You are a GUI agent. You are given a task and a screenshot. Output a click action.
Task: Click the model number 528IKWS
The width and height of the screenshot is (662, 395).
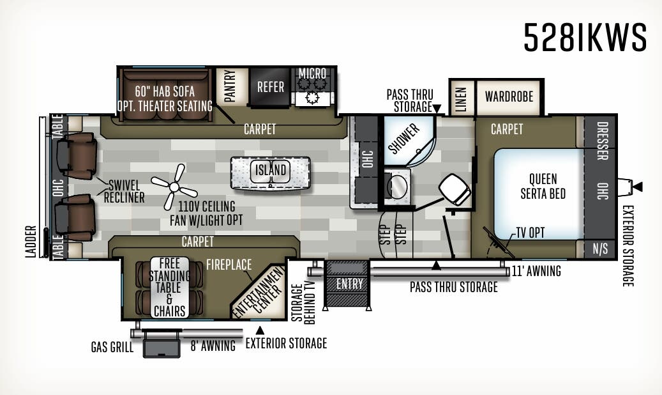coord(585,37)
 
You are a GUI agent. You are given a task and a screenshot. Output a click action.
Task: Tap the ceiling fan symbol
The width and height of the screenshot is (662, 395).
coord(174,185)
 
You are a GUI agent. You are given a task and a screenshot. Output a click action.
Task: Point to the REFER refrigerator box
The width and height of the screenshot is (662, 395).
coord(270,87)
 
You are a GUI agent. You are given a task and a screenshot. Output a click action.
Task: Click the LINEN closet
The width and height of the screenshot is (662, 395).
coord(461,98)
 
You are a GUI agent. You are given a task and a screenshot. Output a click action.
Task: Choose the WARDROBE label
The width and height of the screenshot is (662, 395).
coord(509,97)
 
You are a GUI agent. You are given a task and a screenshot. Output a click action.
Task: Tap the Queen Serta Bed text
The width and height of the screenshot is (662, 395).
coord(543,185)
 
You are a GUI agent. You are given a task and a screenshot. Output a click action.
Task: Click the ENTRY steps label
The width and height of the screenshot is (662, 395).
coord(349,283)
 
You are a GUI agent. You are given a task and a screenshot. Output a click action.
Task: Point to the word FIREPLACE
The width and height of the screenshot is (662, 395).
coord(229,264)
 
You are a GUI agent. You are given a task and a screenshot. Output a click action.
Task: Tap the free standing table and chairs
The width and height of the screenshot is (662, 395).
coord(169,287)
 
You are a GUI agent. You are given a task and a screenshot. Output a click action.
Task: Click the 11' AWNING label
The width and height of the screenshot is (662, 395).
coord(537,272)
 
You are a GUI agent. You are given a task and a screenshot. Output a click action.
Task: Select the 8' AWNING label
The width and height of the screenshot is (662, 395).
coord(213,346)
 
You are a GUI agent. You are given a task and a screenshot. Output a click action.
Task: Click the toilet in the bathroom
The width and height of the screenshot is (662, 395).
coord(456,190)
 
